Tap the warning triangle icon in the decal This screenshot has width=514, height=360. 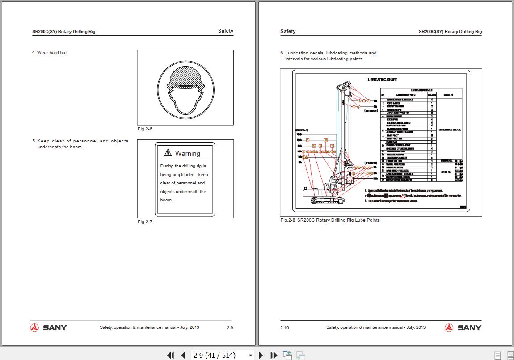pos(168,153)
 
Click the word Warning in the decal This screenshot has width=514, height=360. pos(187,154)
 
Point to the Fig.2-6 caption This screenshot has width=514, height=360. pos(145,129)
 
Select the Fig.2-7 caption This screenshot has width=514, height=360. pos(145,222)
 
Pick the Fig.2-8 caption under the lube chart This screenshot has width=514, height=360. pos(330,220)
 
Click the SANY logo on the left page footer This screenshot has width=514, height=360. pos(49,328)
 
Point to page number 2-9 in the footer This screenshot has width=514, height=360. pos(230,328)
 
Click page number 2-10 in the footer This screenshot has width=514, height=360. pos(285,328)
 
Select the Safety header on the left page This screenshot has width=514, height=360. pos(225,31)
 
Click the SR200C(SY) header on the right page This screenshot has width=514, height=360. pos(450,32)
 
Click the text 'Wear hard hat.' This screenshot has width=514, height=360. pos(52,53)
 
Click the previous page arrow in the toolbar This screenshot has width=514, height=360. pos(183,356)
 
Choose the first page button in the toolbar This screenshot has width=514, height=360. pos(170,356)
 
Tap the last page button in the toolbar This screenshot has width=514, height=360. pos(274,356)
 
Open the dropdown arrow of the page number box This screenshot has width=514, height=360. pos(250,356)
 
